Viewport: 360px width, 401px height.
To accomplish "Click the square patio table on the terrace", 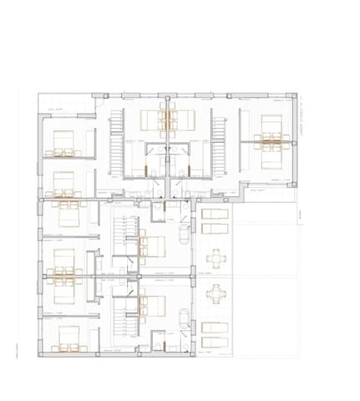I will pos(216,256).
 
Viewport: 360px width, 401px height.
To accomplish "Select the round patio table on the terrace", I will pos(216,294).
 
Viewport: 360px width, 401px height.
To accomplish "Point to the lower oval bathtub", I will pos(184,317).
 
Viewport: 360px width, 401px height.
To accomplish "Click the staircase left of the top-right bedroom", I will pos(220,144).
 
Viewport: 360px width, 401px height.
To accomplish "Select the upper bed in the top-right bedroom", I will pos(270,125).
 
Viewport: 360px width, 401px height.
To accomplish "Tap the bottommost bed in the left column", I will pos(65,339).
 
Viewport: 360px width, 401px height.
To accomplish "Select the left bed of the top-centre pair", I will pos(152,118).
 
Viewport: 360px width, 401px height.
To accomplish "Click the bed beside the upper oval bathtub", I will pos(154,244).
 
